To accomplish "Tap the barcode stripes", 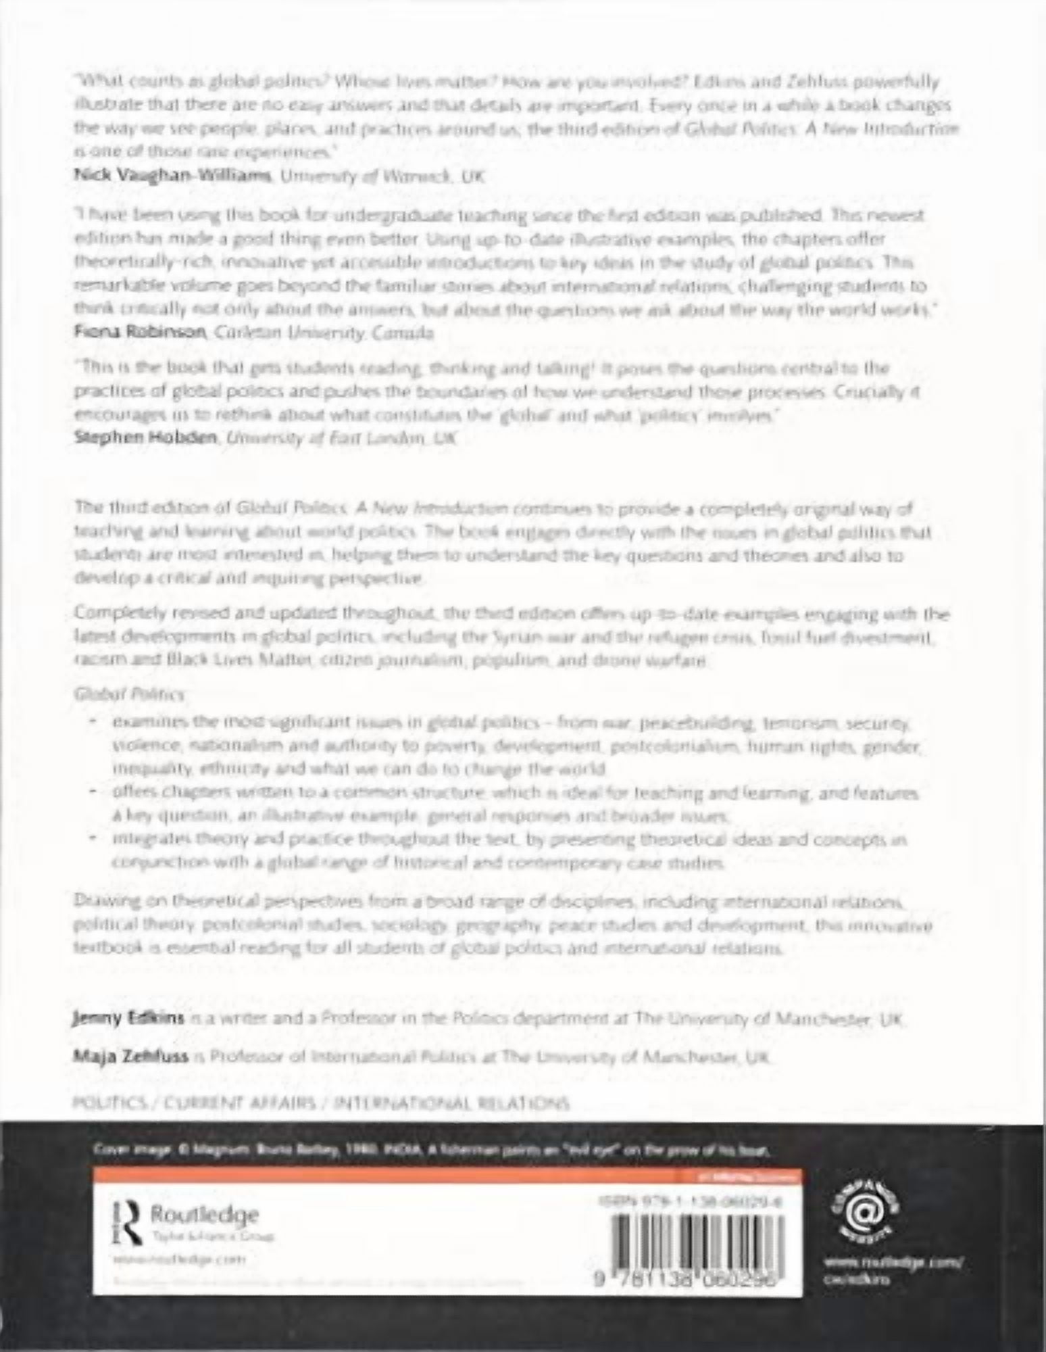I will point(689,1241).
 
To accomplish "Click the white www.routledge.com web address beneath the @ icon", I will point(892,1261).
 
